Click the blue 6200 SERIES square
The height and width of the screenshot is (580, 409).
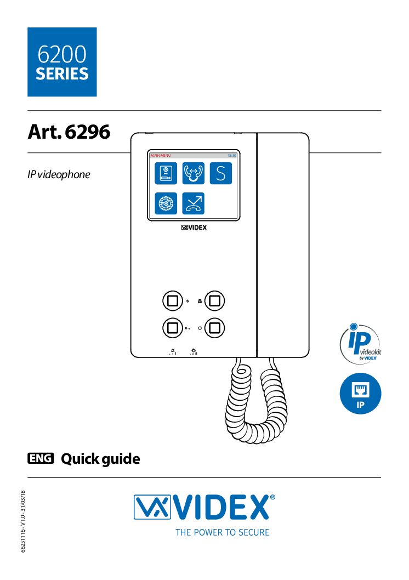[62, 62]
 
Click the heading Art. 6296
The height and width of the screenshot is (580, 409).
[69, 132]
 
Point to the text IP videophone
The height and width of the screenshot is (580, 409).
[59, 174]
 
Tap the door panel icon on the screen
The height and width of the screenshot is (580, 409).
[165, 173]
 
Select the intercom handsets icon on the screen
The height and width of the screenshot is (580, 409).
[193, 173]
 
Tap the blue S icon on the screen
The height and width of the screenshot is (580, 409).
[220, 173]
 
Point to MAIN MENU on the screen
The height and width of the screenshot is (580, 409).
[161, 156]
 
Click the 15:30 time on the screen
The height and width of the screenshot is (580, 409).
[232, 156]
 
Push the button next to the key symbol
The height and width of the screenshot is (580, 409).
[172, 328]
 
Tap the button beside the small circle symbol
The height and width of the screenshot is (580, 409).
[215, 328]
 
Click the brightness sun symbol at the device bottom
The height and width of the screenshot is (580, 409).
[194, 351]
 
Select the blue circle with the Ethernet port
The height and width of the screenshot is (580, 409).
[360, 394]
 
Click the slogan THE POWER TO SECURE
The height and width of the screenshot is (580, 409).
[222, 532]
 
